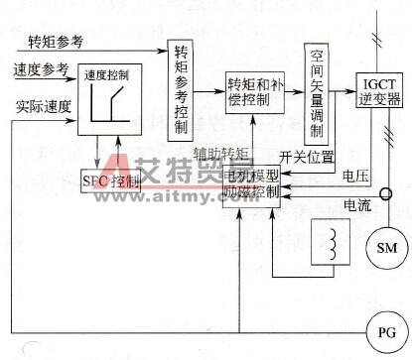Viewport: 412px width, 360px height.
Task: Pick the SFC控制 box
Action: [110, 180]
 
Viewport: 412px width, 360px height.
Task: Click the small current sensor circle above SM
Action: [376, 194]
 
